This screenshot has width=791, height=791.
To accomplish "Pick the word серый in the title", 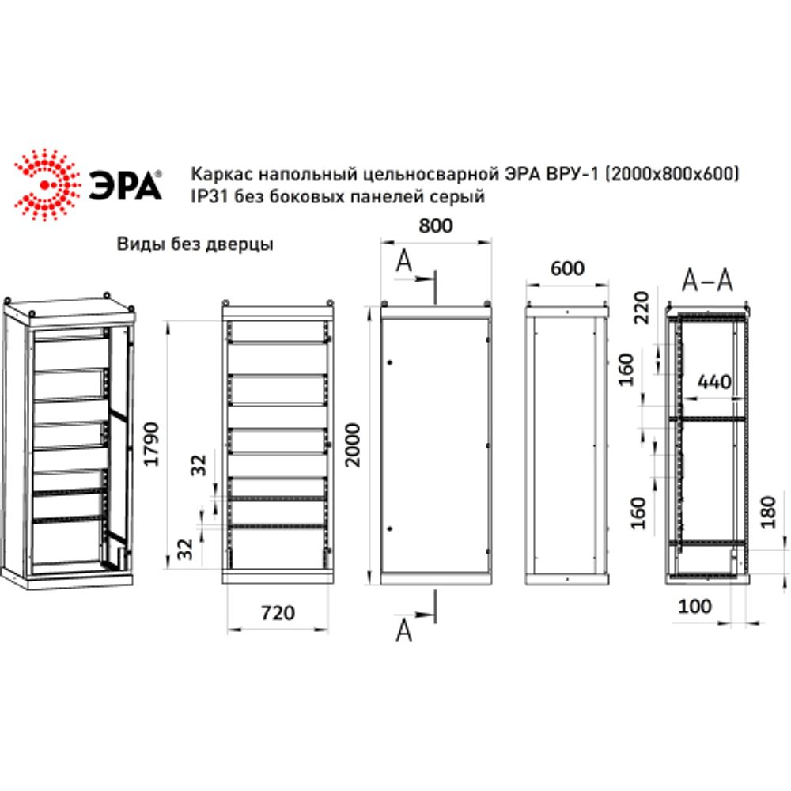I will coord(460,198).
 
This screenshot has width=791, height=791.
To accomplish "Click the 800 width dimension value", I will coord(435,226).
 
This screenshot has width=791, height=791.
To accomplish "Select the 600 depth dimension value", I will coord(567,269).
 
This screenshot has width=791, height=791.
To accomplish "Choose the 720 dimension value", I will coord(277,611).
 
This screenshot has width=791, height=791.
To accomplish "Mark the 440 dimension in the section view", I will coord(713,383).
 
